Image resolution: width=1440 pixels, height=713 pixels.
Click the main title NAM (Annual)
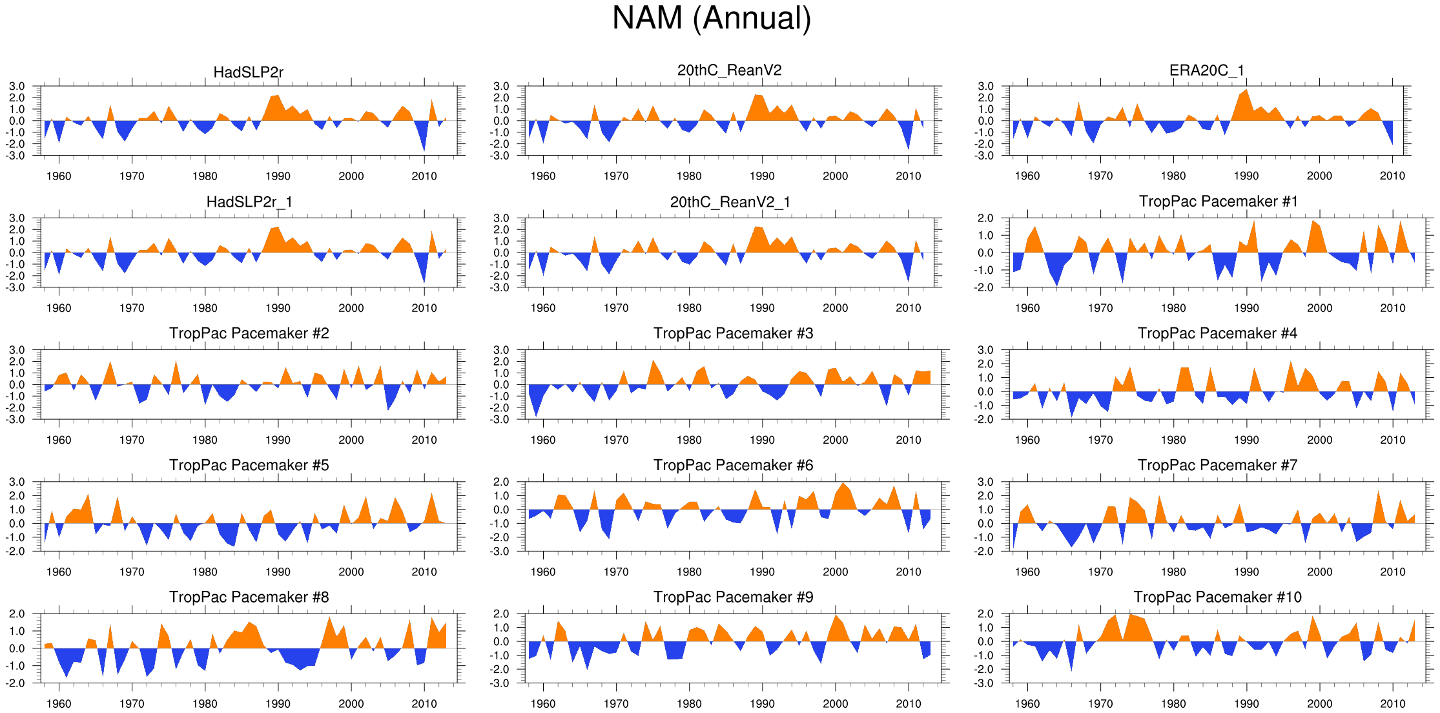click(712, 18)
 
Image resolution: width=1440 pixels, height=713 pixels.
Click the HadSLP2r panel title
click(249, 72)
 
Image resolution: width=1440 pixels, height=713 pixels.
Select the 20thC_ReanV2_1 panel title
click(730, 202)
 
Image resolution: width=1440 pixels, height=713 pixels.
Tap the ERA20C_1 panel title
click(1207, 70)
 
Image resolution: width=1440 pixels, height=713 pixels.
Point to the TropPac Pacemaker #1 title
click(1218, 201)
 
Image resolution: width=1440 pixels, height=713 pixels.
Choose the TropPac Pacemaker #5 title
click(249, 465)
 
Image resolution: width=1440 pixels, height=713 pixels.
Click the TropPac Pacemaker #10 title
click(1218, 597)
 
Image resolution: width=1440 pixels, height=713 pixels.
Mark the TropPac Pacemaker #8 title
click(249, 597)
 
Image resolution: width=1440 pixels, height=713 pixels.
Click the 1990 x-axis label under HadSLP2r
click(278, 176)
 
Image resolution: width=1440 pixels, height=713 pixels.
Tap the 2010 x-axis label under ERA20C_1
click(1392, 176)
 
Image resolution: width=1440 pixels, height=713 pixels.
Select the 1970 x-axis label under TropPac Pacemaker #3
click(616, 440)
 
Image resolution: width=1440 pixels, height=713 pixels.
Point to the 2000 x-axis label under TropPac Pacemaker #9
click(835, 703)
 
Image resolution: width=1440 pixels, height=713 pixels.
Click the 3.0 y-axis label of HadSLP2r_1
click(17, 218)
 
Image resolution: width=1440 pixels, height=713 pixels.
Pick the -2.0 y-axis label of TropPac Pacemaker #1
click(985, 288)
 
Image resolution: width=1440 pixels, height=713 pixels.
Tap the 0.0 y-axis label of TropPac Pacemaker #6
click(501, 510)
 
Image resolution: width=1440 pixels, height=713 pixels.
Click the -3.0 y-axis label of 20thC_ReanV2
click(500, 156)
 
